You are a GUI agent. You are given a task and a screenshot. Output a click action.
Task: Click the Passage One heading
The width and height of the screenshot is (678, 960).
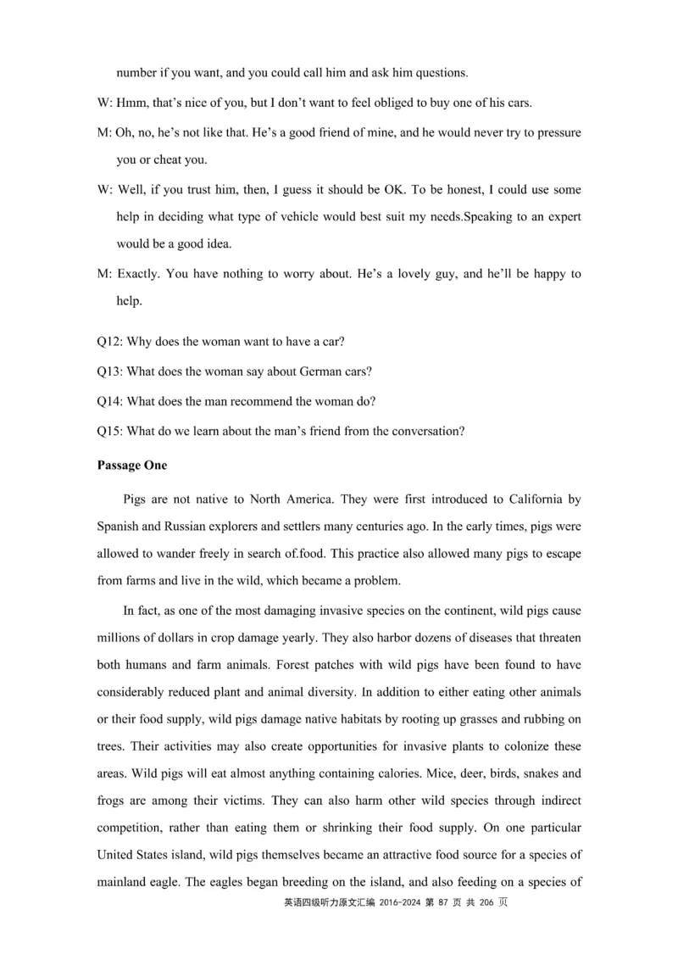132,466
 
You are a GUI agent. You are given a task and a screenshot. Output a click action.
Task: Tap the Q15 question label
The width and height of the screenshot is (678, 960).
109,430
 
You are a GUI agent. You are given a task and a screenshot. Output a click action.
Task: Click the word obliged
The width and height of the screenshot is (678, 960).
370,103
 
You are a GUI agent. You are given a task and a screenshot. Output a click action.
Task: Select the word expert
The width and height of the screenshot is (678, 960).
560,216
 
